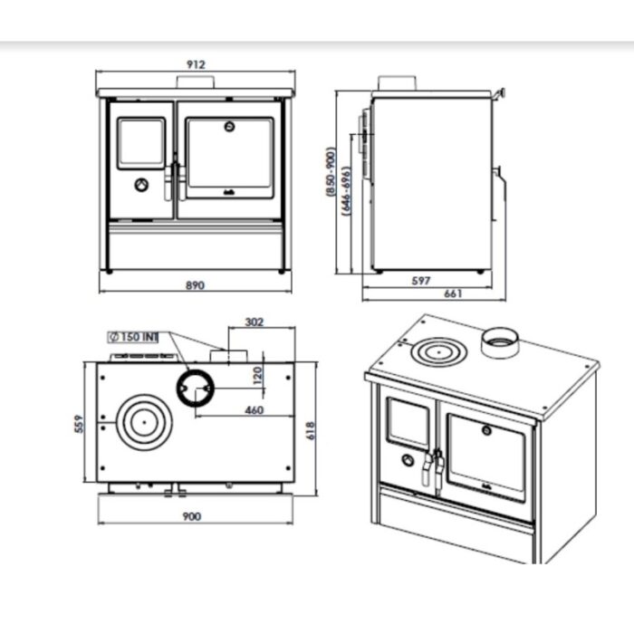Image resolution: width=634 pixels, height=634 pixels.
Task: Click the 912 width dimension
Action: (197, 64)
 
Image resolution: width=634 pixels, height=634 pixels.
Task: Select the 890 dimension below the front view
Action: (196, 284)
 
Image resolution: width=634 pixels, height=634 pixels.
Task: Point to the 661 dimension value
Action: (455, 293)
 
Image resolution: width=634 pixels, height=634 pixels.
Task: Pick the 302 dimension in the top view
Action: (255, 322)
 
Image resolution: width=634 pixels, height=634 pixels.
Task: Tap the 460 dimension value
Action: (254, 410)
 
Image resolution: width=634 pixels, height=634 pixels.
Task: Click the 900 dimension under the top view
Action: (191, 516)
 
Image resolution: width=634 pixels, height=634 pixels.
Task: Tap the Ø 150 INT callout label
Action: (133, 337)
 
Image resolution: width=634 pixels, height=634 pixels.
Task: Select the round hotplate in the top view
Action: (140, 420)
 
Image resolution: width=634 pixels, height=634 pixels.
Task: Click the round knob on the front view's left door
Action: (141, 185)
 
